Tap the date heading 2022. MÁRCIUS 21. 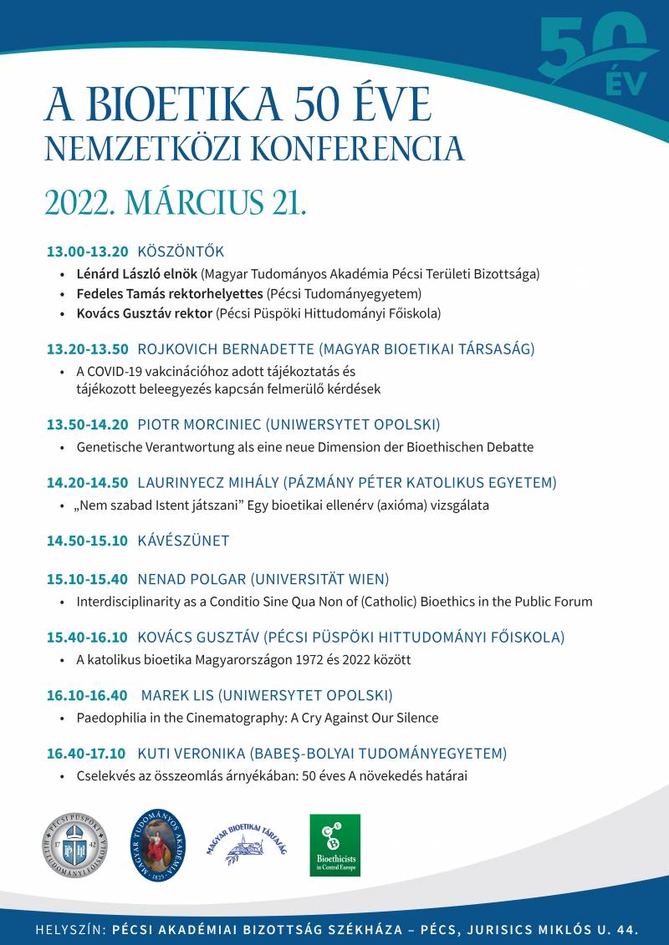(x=176, y=202)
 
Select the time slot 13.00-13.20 (x=87, y=251)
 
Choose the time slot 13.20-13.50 (x=87, y=349)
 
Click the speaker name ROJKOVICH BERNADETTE (x=224, y=349)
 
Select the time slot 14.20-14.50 (x=87, y=482)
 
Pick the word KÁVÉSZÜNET (x=183, y=541)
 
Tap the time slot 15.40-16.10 (x=87, y=638)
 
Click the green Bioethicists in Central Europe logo (x=334, y=845)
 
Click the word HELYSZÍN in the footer (x=68, y=929)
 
